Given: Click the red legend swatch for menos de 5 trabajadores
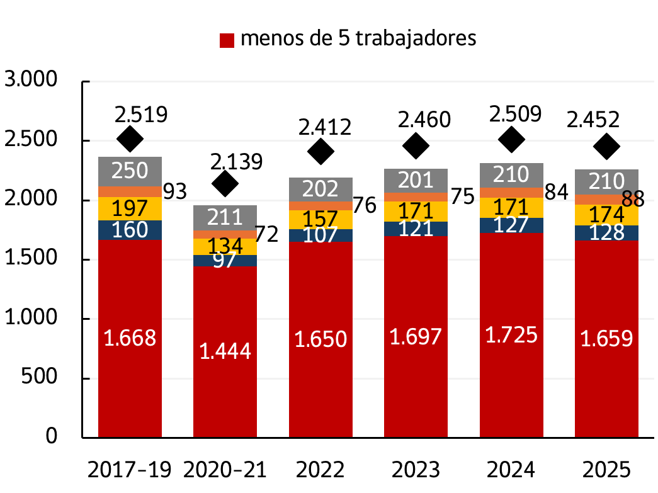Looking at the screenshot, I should tap(227, 40).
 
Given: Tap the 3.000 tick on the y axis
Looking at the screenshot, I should tap(31, 81).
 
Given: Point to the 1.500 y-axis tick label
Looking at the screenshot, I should tap(31, 259).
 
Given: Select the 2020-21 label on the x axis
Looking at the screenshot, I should tap(225, 470).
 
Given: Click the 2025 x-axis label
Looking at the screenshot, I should tap(606, 470).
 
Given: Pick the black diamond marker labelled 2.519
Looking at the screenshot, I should tap(130, 139).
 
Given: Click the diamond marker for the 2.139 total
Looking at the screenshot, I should tap(225, 183).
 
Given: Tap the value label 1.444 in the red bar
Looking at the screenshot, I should tap(225, 351).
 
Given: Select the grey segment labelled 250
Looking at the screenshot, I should tap(130, 171).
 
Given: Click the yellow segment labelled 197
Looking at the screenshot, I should tap(130, 208).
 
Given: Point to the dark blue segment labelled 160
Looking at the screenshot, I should tap(130, 230).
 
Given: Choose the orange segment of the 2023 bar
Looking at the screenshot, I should tap(416, 196).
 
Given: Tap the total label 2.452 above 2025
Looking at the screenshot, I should tap(593, 119).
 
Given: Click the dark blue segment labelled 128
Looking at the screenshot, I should tap(606, 232).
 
